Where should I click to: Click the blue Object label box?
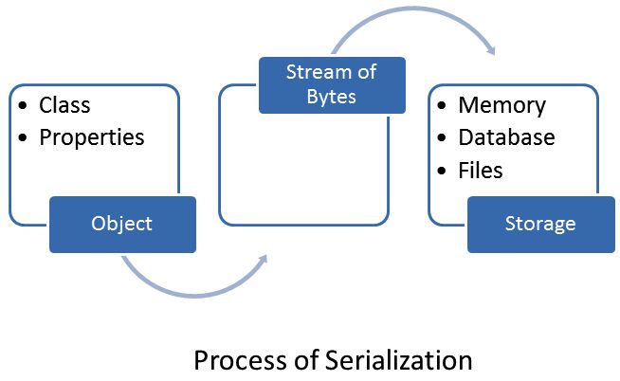point(122,225)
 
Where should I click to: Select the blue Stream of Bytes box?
point(332,84)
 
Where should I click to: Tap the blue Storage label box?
point(540,225)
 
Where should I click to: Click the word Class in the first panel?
point(64,105)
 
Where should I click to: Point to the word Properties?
point(92,137)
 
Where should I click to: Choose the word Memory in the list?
point(501,105)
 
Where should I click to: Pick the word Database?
point(506,137)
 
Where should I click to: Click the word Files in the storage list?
point(481,170)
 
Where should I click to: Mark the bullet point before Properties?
point(23,138)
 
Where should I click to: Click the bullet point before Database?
point(442,138)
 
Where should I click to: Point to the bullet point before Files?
point(442,171)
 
